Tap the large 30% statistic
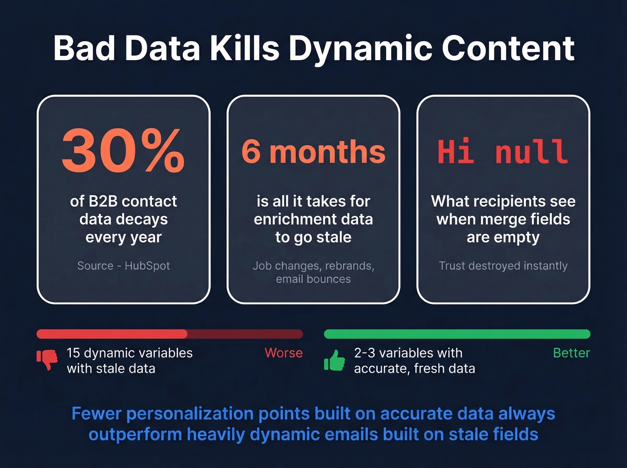point(123,150)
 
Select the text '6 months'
point(313,152)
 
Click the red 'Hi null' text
point(502,152)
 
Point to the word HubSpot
point(147,266)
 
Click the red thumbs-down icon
point(47,359)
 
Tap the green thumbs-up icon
point(335,360)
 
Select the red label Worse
point(283,353)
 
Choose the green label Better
point(571,353)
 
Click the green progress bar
point(457,334)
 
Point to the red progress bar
point(170,334)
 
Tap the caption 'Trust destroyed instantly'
point(503,266)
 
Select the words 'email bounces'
point(313,279)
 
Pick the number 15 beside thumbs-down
point(73,353)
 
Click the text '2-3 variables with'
point(408,353)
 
